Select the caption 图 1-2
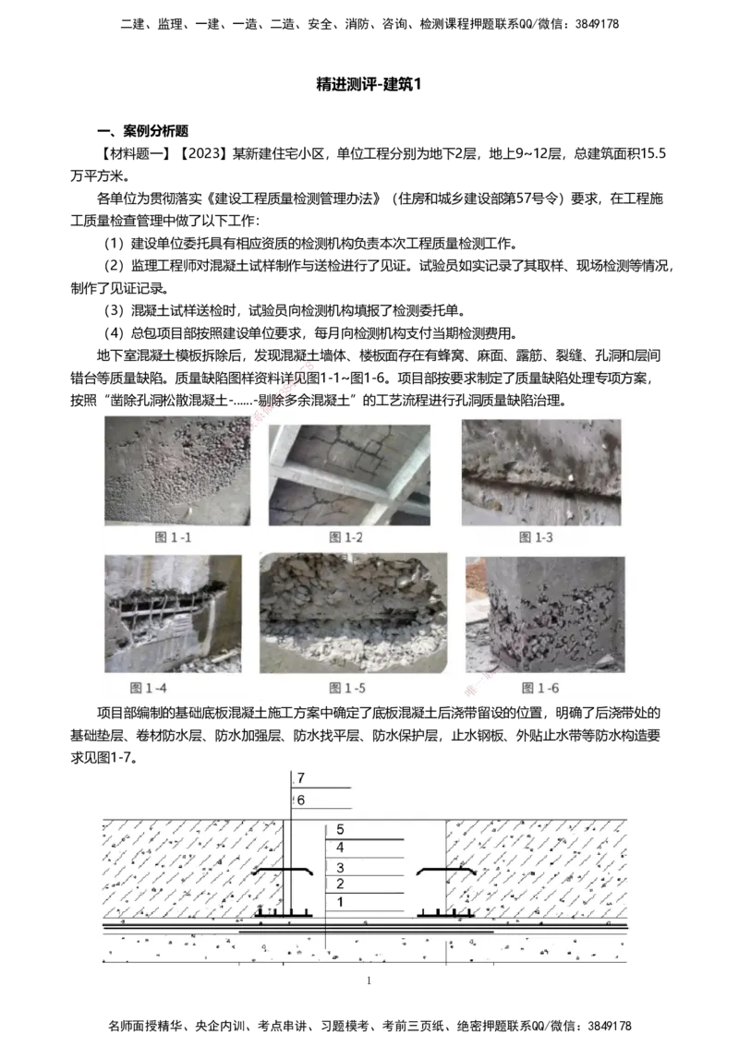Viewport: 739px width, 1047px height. [x=348, y=536]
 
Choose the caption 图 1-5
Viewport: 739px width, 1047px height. [x=348, y=688]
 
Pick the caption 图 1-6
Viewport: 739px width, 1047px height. [x=540, y=688]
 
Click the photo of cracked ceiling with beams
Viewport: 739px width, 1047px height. [x=349, y=475]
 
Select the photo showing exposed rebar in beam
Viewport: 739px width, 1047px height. [x=173, y=613]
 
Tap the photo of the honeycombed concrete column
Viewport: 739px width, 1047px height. [x=544, y=614]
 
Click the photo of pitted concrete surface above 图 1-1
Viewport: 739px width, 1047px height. [x=176, y=471]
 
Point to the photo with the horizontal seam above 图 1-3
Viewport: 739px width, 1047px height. [x=541, y=472]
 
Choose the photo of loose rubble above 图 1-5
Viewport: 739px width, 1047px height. [x=353, y=613]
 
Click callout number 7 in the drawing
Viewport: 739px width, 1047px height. [x=301, y=779]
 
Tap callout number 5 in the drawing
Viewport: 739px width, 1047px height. [x=340, y=830]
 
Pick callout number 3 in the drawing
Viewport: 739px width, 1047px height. [x=340, y=868]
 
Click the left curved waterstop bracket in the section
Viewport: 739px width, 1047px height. [x=285, y=871]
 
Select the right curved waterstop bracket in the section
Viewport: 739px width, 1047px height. [x=446, y=871]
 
